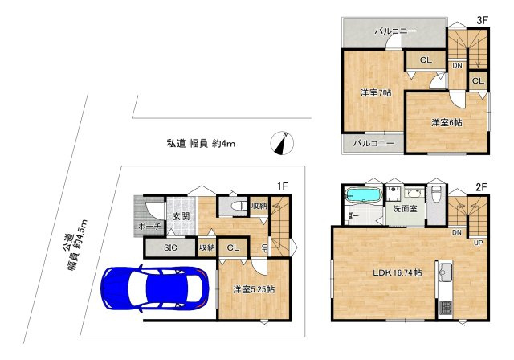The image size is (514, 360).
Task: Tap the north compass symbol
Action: click(x=283, y=142)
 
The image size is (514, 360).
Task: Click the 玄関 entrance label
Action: click(x=179, y=216)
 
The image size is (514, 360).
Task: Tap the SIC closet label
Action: click(x=169, y=248)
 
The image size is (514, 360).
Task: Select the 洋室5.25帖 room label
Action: click(x=250, y=290)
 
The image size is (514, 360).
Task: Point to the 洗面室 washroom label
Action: click(x=405, y=209)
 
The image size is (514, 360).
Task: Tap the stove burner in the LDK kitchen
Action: click(x=447, y=308)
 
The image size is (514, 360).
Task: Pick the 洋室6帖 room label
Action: click(x=446, y=123)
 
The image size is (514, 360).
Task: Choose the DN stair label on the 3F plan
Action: click(x=456, y=65)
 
